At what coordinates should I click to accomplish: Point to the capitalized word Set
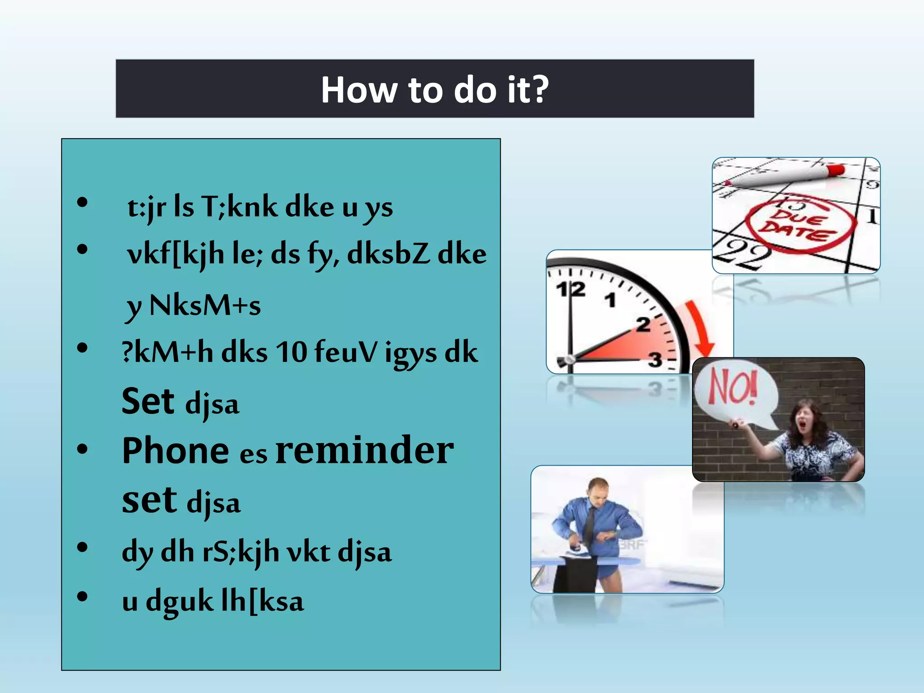pos(148,401)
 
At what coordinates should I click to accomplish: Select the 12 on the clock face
pos(570,289)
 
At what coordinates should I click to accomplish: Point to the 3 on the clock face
pos(655,360)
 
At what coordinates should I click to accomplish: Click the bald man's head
pos(599,490)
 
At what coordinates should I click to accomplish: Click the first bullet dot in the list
pos(82,203)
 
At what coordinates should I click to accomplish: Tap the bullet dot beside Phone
pos(82,449)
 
